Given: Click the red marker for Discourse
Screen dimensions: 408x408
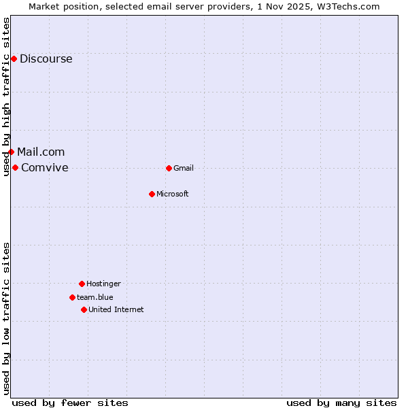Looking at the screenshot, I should click(x=14, y=58).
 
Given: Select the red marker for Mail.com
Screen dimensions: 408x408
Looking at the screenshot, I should click(x=11, y=152).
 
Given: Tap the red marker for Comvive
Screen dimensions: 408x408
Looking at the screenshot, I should click(x=15, y=167).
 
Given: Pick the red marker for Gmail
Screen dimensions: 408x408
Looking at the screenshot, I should click(x=169, y=168).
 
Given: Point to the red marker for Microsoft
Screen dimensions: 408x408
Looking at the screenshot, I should click(x=152, y=194).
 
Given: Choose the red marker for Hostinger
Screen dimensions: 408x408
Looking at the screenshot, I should click(x=82, y=284).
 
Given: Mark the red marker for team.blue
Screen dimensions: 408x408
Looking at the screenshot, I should click(x=72, y=297).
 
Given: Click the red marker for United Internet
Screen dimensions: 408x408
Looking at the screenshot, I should click(x=84, y=309).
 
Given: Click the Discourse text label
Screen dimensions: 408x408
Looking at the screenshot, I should click(x=46, y=58).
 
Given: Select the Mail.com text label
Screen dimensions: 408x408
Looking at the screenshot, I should click(x=41, y=152).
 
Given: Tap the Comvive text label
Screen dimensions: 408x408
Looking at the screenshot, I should click(x=45, y=167).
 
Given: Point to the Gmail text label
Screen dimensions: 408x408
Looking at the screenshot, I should click(x=184, y=168).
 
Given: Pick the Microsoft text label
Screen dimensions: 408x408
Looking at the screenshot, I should click(x=173, y=194).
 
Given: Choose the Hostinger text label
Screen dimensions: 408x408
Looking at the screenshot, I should click(x=103, y=284).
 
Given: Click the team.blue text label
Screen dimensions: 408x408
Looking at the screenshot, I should click(x=95, y=297).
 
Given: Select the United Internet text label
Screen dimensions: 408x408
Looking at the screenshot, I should click(x=116, y=309).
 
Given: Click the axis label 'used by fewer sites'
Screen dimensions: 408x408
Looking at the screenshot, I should click(x=70, y=403).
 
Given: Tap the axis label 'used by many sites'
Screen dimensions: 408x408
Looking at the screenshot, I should click(x=341, y=403).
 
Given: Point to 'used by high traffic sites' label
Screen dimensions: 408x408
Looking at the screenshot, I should click(x=7, y=97).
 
